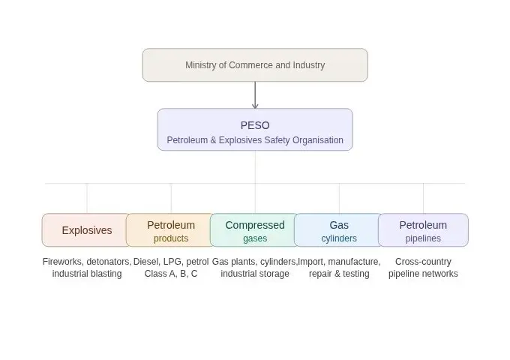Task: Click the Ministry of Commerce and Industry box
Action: pos(255,65)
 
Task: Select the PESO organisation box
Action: pos(255,130)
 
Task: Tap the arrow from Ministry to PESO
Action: pos(255,95)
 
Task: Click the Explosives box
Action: pos(86,230)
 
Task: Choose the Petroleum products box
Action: pos(171,230)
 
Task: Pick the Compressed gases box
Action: pos(255,230)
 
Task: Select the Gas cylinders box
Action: pos(339,230)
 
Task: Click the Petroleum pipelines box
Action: pos(423,230)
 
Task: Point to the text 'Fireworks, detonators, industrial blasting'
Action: pos(87,268)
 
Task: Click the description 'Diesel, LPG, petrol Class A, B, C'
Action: pos(171,268)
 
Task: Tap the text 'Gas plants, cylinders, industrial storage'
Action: pos(255,268)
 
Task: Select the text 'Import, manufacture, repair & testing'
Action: pos(339,268)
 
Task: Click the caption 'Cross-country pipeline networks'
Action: pos(423,268)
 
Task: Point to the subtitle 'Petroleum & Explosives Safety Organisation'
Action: pos(255,140)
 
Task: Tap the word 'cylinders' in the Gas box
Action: pos(339,238)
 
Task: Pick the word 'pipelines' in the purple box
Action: pos(423,238)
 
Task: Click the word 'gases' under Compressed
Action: pos(255,238)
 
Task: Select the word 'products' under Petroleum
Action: pos(171,238)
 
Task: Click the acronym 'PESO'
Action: pos(255,125)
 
